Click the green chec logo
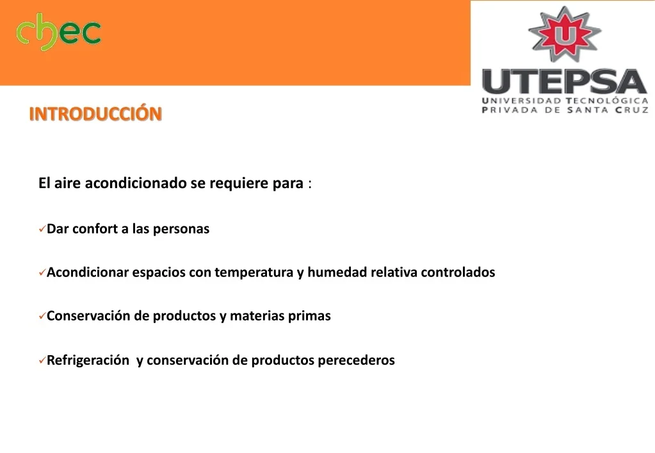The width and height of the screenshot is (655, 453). [58, 31]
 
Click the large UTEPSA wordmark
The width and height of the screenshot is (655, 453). [565, 81]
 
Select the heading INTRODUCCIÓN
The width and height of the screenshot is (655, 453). [95, 113]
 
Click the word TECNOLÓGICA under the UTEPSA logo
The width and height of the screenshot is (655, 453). [607, 100]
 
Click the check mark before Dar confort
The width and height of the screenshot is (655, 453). [42, 229]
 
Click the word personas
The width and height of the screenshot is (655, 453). [181, 230]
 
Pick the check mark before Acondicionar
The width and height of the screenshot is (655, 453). [42, 273]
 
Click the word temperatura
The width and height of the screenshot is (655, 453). [254, 273]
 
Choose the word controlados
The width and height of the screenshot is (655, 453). [458, 272]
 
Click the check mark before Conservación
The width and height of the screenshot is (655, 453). [42, 316]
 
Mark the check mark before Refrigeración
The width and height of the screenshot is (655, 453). [42, 360]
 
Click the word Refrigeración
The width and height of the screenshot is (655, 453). [88, 360]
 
